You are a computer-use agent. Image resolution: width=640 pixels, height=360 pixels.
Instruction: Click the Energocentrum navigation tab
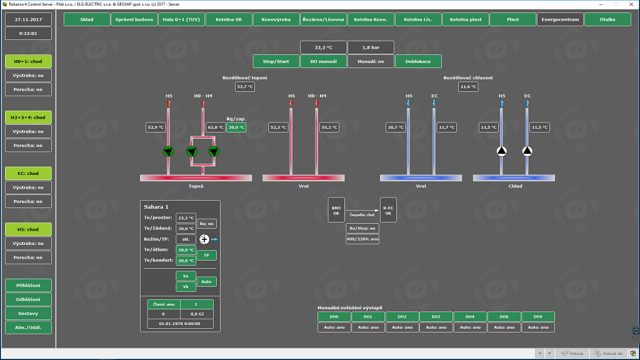click(560, 19)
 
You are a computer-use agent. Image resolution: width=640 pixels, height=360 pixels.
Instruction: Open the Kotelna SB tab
click(228, 19)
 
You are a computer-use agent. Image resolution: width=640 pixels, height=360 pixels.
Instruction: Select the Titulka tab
click(607, 19)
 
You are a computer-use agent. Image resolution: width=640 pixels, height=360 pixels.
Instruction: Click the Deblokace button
click(418, 61)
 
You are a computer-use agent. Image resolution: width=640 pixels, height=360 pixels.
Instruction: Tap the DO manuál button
click(323, 61)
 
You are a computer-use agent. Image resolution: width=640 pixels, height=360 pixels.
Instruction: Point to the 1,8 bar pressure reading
click(371, 47)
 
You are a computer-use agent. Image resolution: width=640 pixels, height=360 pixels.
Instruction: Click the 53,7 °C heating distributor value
click(245, 87)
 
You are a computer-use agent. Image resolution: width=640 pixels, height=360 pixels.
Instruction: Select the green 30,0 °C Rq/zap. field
click(236, 127)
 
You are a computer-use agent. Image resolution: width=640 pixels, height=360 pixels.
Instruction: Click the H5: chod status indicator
click(29, 229)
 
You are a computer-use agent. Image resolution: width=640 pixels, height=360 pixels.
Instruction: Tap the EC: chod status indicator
click(29, 173)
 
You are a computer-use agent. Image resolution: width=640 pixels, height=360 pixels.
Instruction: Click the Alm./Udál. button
click(29, 327)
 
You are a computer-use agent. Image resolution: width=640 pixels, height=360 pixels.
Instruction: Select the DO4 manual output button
click(469, 317)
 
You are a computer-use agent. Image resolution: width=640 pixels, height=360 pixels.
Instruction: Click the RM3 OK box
click(336, 210)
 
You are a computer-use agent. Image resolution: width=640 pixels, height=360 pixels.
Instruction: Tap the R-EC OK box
click(388, 210)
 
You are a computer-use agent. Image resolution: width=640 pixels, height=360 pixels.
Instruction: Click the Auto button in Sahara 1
click(207, 282)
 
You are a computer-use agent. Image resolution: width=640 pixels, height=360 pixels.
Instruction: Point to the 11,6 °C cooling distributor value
click(468, 87)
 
